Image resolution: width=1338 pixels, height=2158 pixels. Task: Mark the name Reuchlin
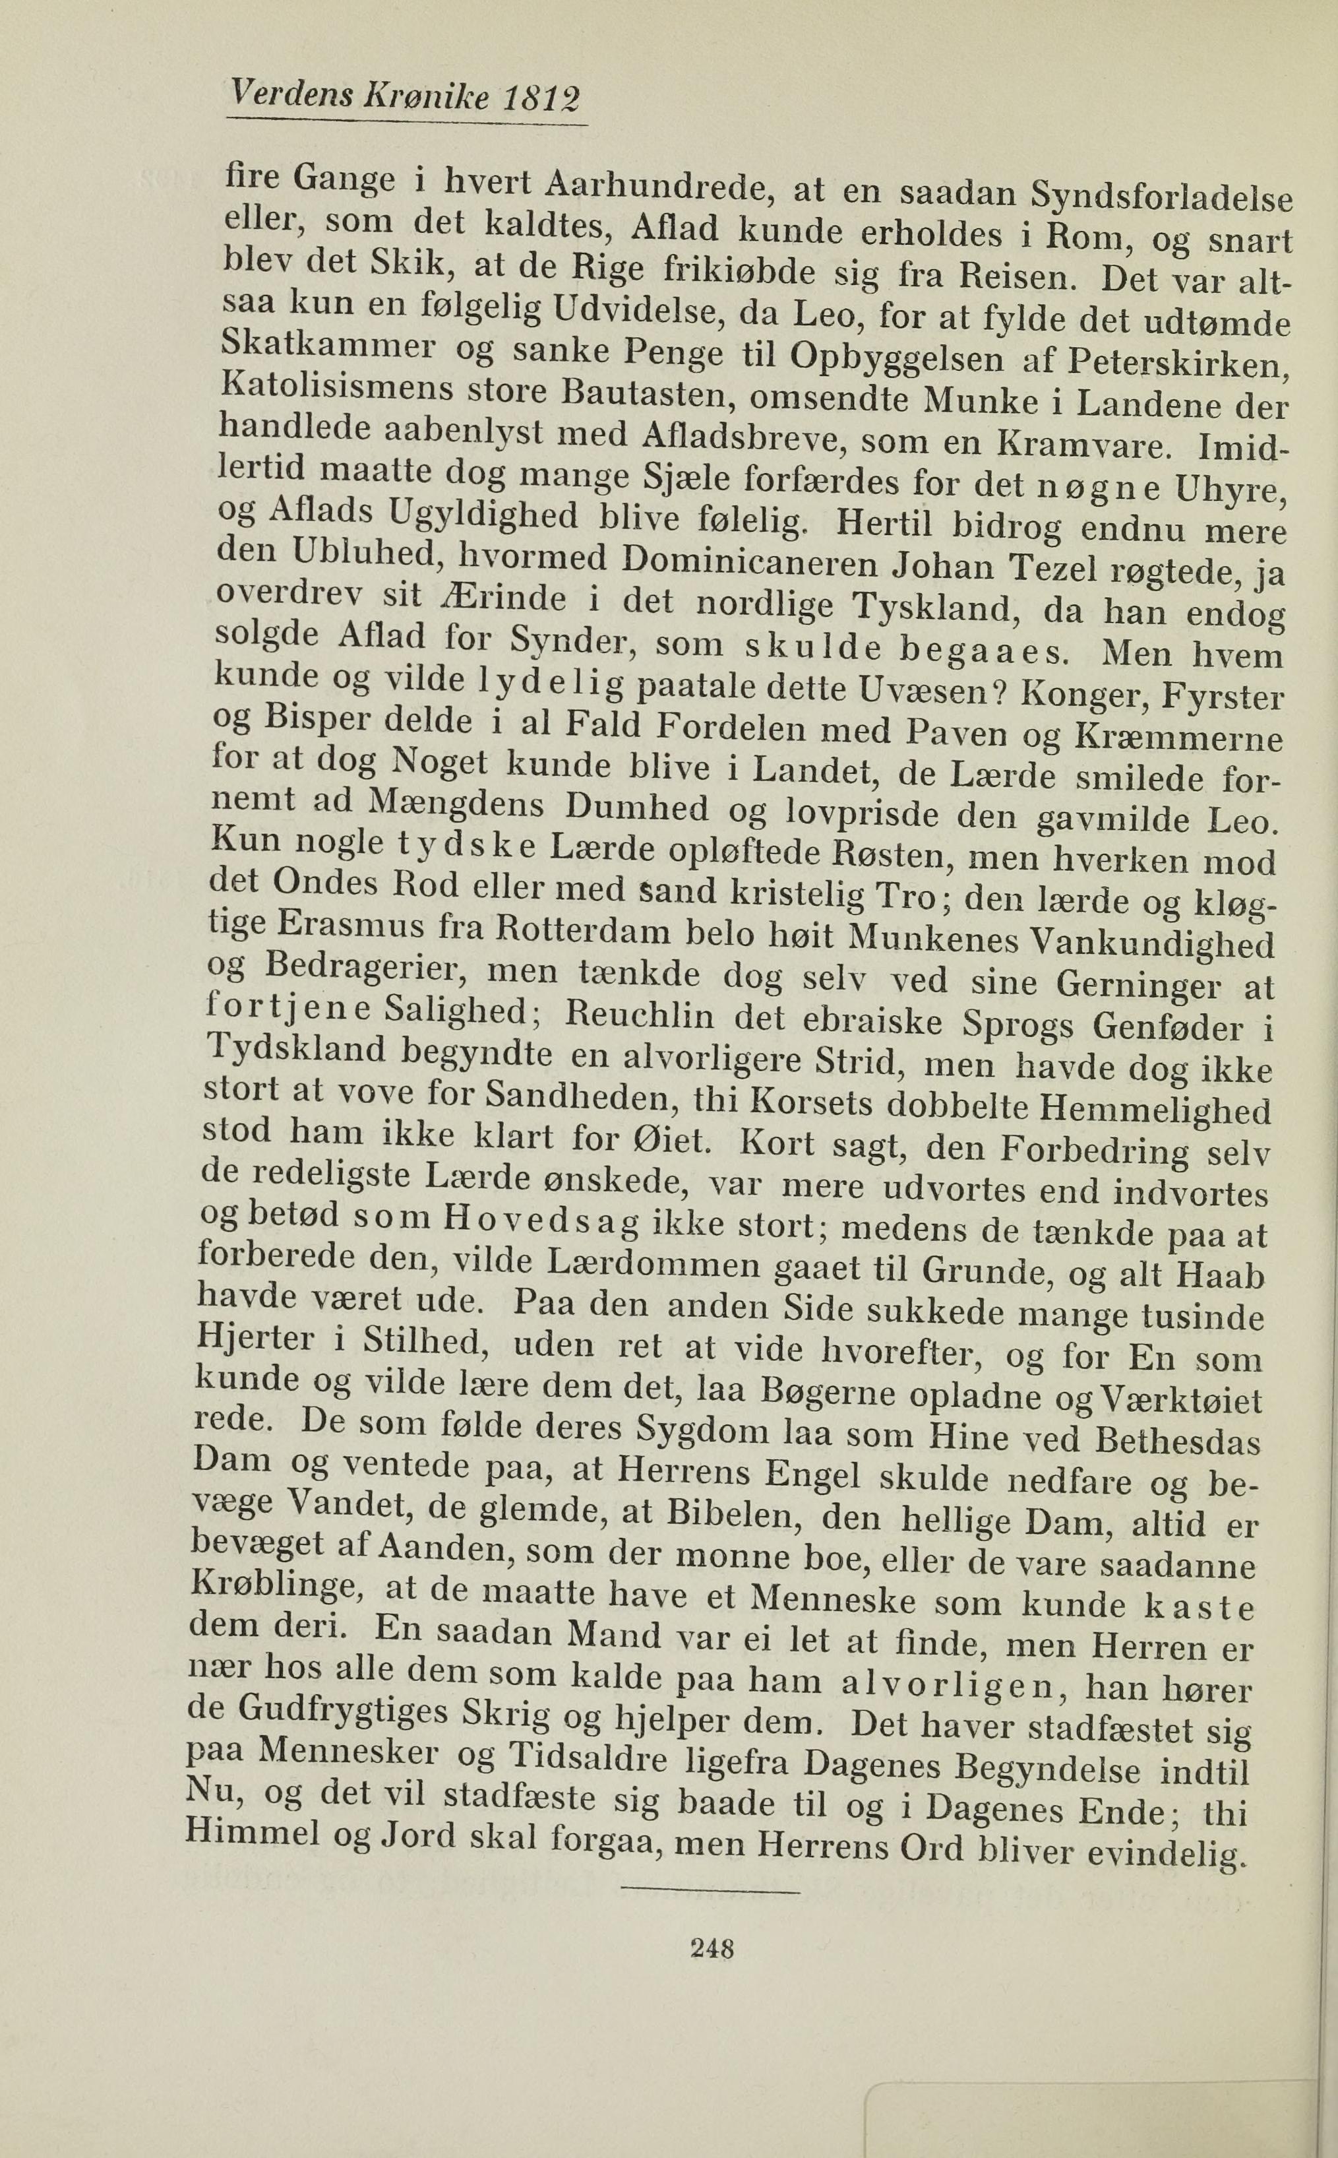click(x=639, y=1015)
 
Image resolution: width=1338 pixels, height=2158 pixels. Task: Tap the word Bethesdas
click(x=1177, y=1440)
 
